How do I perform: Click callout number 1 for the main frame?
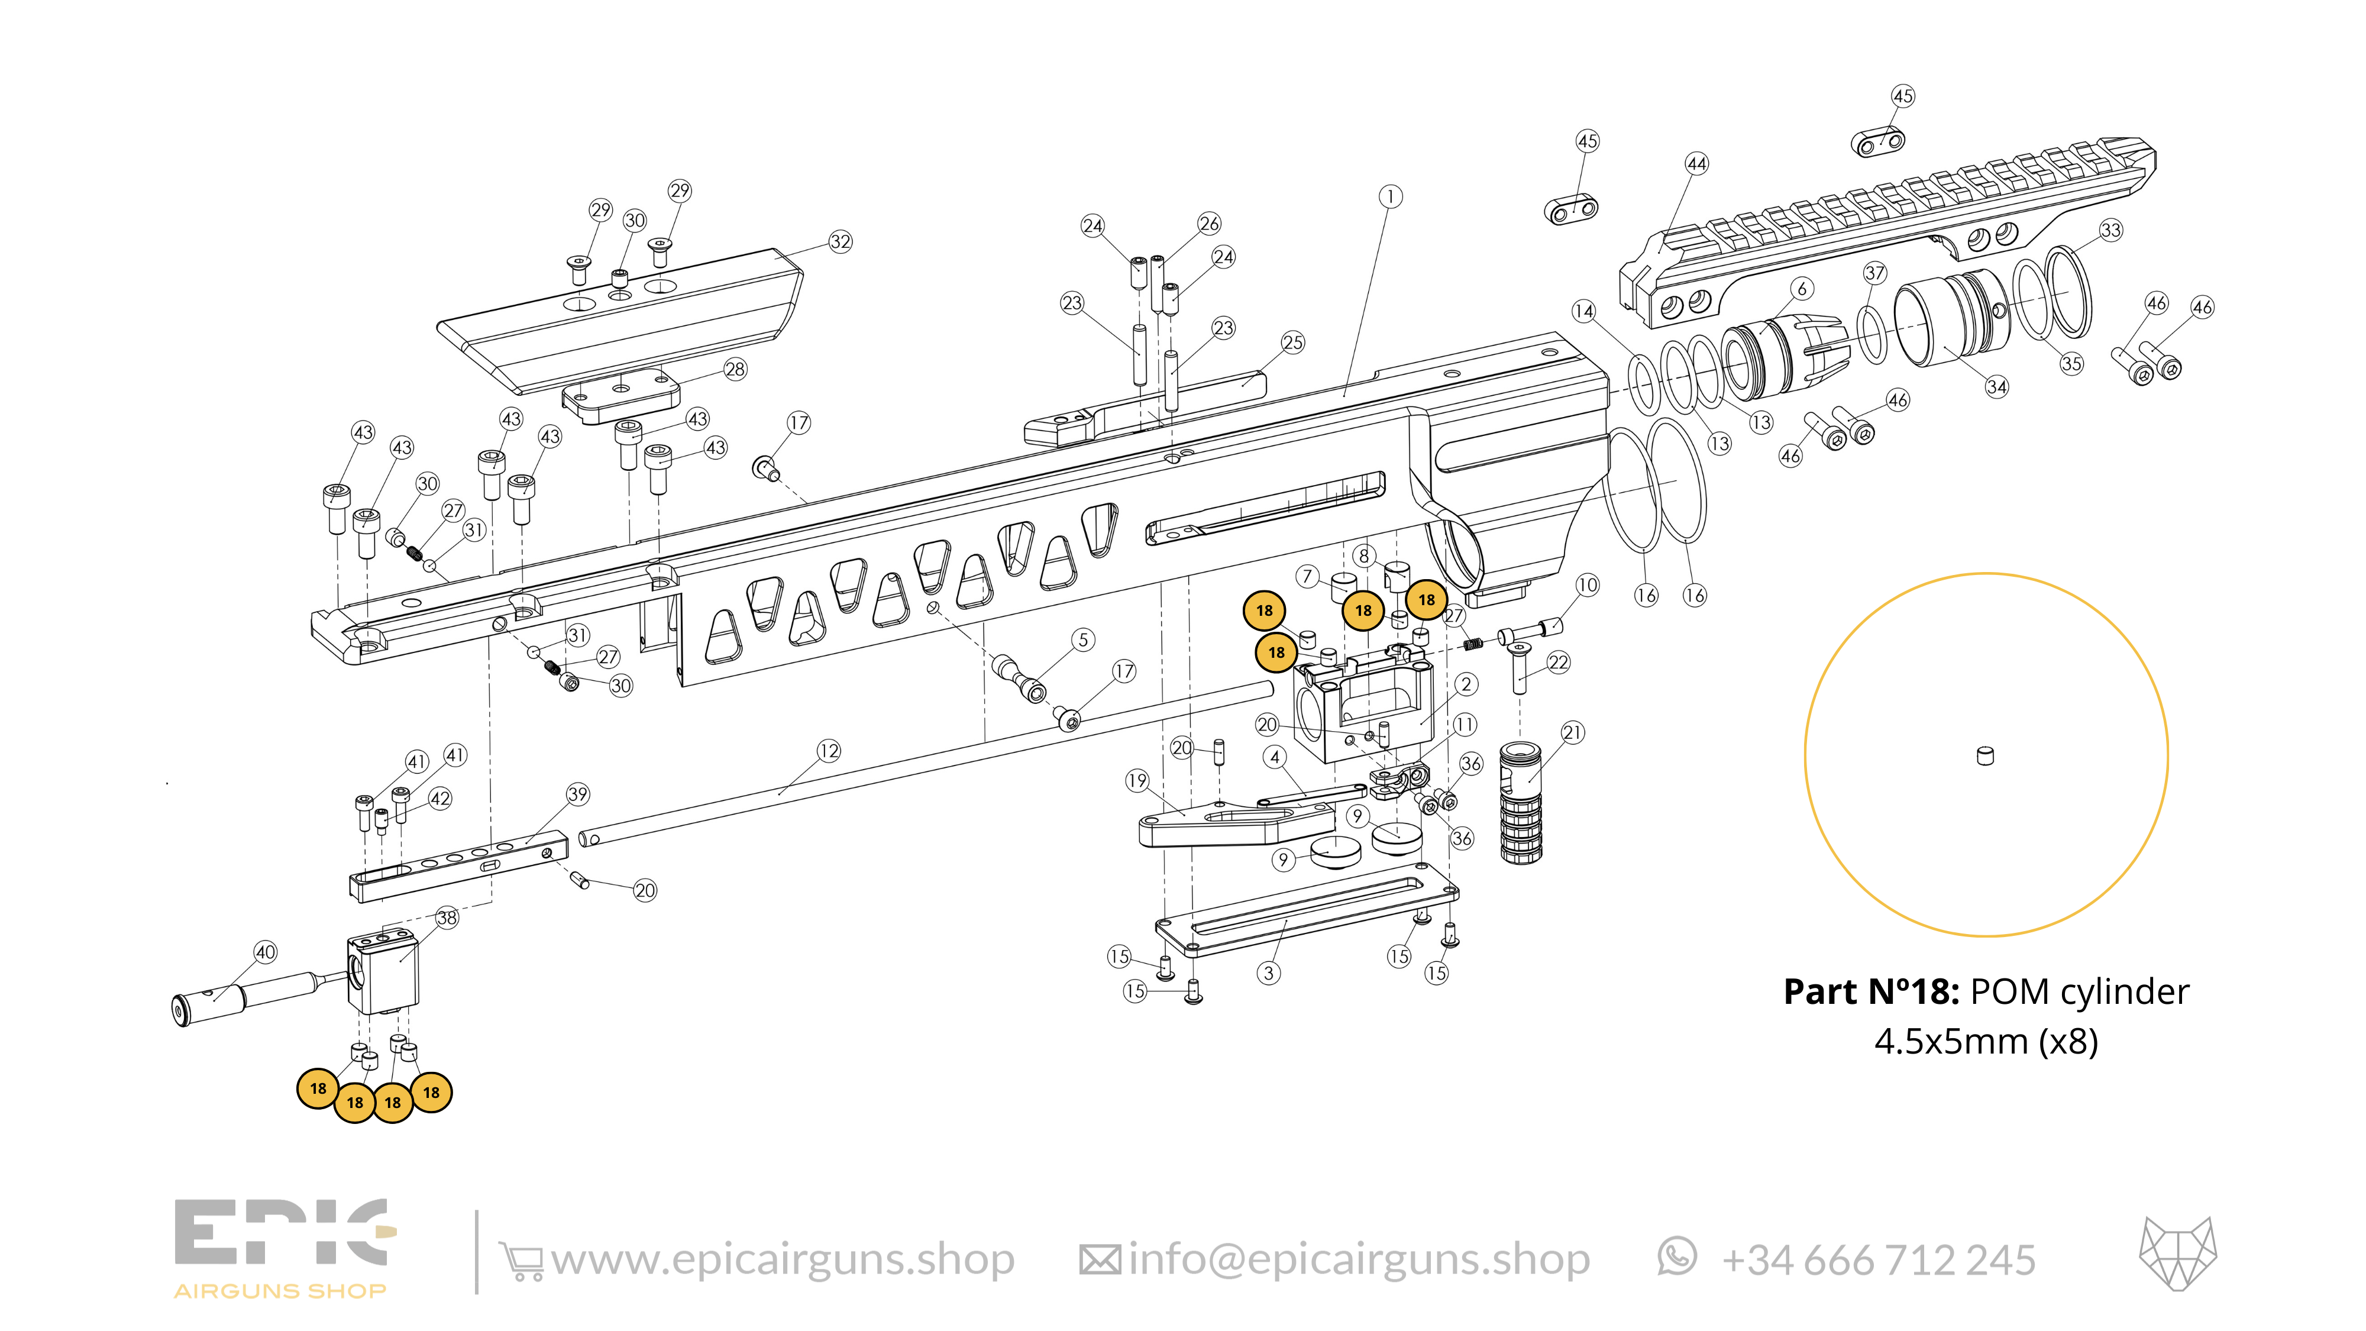(x=1391, y=196)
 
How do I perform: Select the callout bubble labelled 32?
(x=841, y=241)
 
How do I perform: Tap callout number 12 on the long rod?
(x=829, y=751)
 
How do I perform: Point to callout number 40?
(x=266, y=952)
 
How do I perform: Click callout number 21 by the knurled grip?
(x=1572, y=732)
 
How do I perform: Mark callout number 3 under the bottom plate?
(x=1268, y=973)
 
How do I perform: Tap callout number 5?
(x=1083, y=640)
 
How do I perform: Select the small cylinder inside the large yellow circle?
(x=1985, y=756)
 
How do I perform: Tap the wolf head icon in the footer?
(x=2178, y=1254)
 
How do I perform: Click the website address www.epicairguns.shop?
(x=783, y=1259)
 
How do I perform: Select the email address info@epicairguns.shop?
(x=1359, y=1259)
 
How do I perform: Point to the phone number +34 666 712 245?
(x=1878, y=1260)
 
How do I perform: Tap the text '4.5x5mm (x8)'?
(x=1986, y=1042)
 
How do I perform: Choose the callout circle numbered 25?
(x=1292, y=343)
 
